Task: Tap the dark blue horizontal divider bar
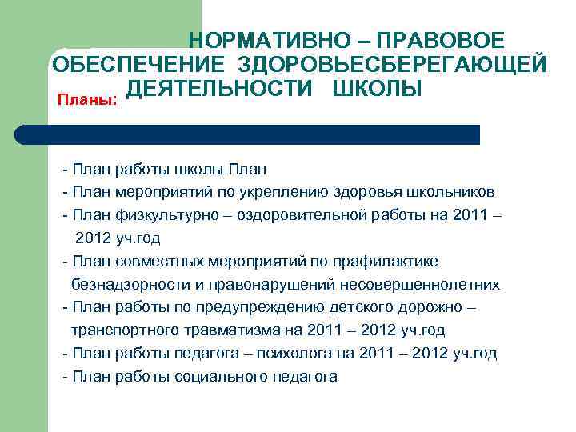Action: point(248,134)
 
